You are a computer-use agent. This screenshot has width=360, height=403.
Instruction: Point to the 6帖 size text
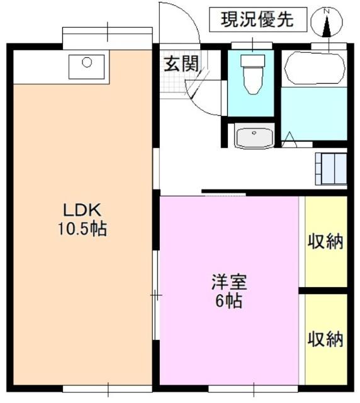pos(228,301)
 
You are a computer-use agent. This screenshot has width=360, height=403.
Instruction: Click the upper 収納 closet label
pos(325,242)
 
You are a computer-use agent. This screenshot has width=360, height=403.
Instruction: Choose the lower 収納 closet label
pos(325,339)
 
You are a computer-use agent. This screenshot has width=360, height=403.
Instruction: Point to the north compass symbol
pos(327,24)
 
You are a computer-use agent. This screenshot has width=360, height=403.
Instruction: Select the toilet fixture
pos(253,73)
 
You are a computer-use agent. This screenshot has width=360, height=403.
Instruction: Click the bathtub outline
pos(314,69)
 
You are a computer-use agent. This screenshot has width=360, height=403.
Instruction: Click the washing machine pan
pos(330,168)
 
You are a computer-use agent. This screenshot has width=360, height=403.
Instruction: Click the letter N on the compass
pos(327,11)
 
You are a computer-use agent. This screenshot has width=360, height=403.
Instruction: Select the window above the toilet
pos(253,45)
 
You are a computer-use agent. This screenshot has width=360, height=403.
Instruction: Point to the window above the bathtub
pos(329,45)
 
